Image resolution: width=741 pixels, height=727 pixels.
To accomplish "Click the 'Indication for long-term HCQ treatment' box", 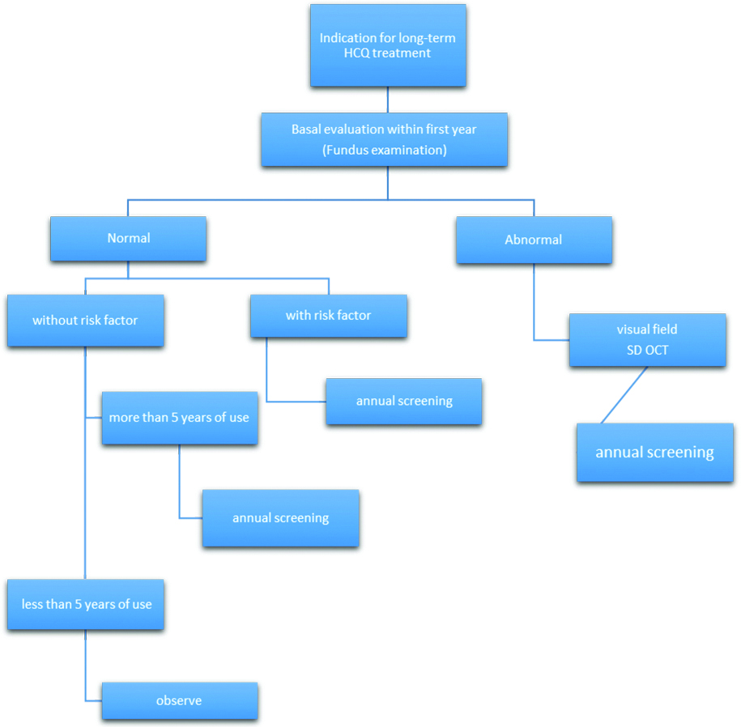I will tap(388, 45).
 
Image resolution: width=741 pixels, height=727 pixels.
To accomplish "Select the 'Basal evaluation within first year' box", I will tap(384, 139).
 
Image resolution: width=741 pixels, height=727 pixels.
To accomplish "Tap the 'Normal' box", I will tap(128, 238).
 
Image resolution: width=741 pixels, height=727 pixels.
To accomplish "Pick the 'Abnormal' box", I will tap(533, 240).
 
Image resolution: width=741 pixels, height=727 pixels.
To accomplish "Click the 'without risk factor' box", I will tap(85, 321).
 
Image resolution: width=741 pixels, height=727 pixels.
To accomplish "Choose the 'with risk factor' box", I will tap(328, 316).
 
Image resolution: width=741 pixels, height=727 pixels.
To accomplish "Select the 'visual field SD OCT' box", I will tap(647, 340).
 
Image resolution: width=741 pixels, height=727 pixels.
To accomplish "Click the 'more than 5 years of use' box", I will tap(179, 418).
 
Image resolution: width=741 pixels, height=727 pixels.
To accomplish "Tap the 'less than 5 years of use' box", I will tap(86, 604).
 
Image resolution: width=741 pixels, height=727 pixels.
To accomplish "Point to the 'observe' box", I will tap(179, 700).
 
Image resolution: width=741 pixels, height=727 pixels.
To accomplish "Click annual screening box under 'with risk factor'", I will tap(404, 401).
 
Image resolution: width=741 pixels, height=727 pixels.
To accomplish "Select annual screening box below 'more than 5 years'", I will tap(280, 517).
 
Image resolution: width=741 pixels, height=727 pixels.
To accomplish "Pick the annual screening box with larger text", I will tap(654, 453).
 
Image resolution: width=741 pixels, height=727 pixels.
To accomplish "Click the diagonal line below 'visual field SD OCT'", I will tap(624, 394).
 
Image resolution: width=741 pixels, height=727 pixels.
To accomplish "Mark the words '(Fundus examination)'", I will tap(384, 151).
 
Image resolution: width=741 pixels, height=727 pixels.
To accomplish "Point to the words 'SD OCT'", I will tap(647, 351).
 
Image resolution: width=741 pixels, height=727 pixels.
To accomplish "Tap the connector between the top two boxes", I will tap(388, 99).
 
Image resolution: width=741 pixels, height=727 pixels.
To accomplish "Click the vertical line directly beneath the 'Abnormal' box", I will tap(534, 300).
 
